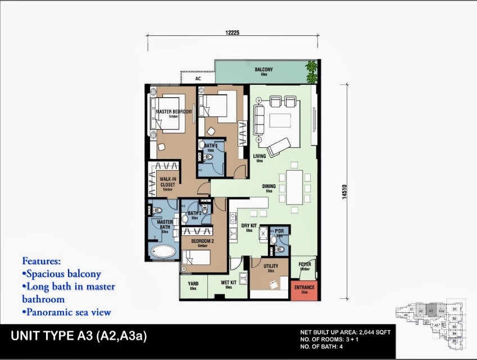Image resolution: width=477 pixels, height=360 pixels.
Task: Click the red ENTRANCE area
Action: [x=304, y=290]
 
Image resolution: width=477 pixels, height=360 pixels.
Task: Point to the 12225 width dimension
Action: [x=233, y=32]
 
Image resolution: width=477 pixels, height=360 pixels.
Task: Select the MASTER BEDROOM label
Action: [x=174, y=112]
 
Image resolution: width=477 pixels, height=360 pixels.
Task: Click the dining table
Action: [x=294, y=187]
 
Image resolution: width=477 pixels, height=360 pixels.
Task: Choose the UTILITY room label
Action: [x=270, y=267]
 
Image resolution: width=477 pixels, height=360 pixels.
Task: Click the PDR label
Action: [x=279, y=231]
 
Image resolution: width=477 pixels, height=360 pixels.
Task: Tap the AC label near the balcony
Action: [x=198, y=79]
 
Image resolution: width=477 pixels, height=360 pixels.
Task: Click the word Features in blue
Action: [x=41, y=261]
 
